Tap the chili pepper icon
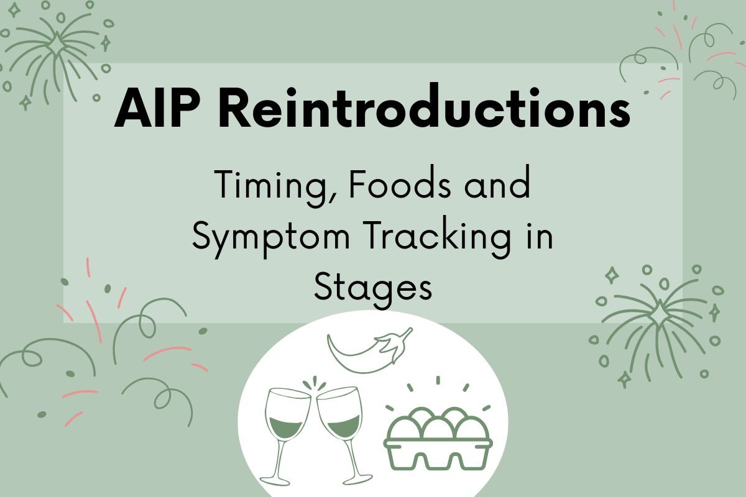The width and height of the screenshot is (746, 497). pos(369,351)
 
